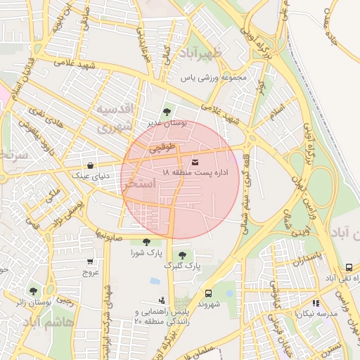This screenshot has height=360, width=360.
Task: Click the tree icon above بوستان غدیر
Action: click(167, 112)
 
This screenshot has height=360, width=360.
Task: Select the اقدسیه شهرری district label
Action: click(114, 118)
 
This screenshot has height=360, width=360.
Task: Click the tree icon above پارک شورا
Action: click(146, 242)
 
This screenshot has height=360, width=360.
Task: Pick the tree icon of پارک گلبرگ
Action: click(183, 255)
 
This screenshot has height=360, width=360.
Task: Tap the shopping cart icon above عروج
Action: click(89, 261)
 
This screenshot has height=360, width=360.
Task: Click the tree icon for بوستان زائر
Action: click(33, 291)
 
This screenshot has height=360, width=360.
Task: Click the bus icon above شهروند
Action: click(208, 293)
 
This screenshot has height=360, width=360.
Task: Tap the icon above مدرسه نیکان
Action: click(316, 303)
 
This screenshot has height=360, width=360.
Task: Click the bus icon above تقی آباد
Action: click(349, 267)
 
